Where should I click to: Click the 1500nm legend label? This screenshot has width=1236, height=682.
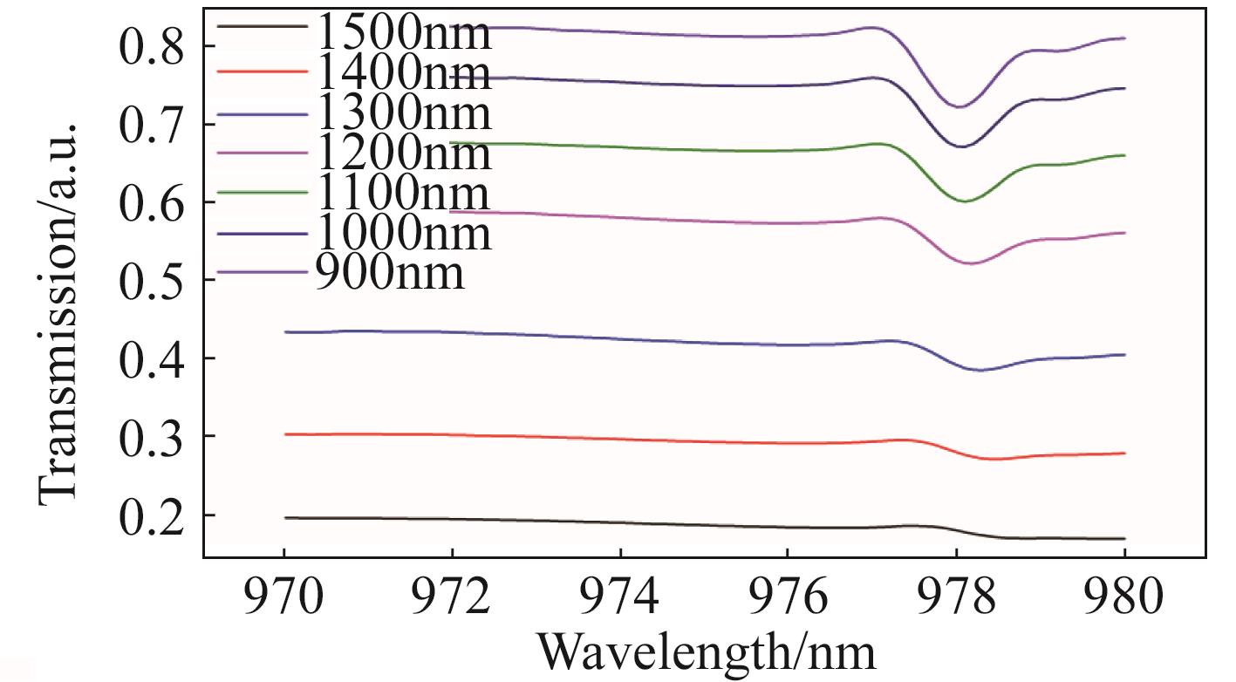[x=402, y=33]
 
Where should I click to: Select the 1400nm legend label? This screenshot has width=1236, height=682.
[x=402, y=73]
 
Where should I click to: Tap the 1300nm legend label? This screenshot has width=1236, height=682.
[x=402, y=113]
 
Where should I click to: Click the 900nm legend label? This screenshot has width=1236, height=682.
[x=389, y=273]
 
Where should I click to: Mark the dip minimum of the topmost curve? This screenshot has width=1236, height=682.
[x=959, y=107]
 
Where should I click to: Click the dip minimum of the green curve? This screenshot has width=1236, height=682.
[x=966, y=201]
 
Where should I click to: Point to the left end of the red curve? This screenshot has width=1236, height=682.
[x=284, y=433]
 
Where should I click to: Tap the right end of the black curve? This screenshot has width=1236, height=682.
[x=1124, y=539]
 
